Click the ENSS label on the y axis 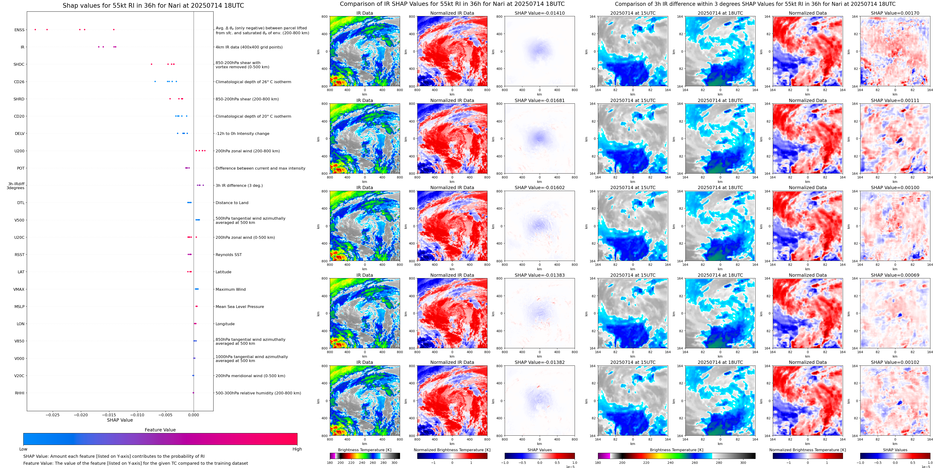[x=19, y=30]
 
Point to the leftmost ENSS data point [x=35, y=29]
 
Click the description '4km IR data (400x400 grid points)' [x=249, y=47]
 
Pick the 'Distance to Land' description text [x=232, y=203]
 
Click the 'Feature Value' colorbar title [x=160, y=430]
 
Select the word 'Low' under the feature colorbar [x=23, y=449]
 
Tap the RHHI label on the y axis [x=20, y=393]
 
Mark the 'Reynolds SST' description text [x=228, y=255]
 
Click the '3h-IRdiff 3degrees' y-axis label [x=16, y=186]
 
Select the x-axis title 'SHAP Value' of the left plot [x=120, y=420]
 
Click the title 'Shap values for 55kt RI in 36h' [x=153, y=5]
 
